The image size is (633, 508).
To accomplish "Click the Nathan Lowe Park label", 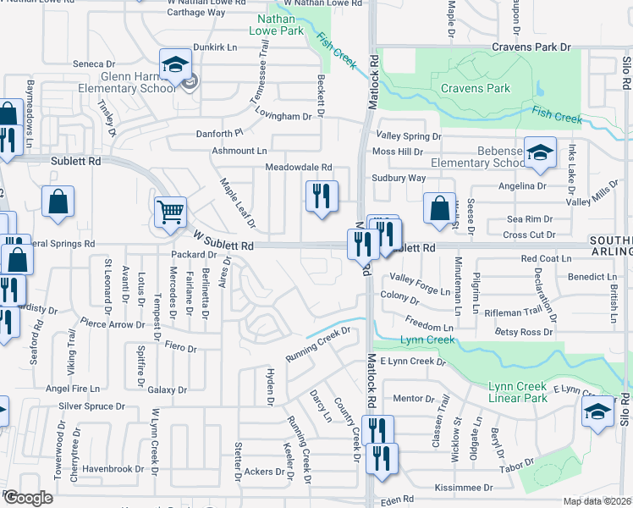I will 279,25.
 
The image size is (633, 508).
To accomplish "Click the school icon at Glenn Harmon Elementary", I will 175,64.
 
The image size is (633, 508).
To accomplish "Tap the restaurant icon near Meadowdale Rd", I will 322,197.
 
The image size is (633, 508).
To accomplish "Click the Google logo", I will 28,498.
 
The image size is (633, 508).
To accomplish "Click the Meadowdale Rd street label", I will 298,168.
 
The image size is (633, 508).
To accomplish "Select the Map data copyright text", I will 597,501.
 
